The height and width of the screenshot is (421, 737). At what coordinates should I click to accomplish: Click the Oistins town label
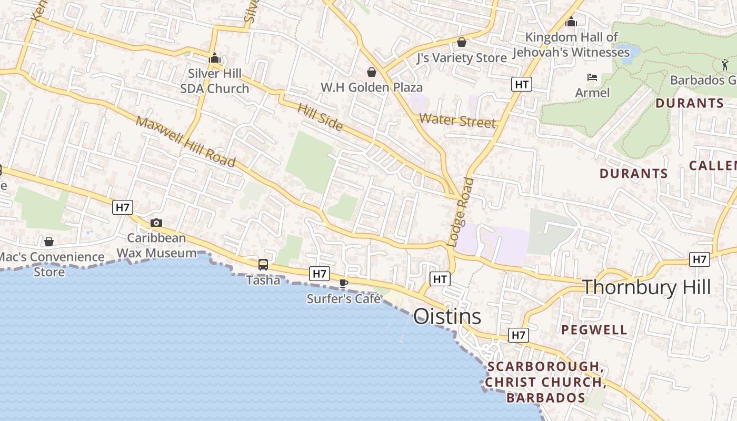click(447, 317)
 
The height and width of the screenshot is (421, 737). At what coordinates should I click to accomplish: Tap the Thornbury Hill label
click(646, 287)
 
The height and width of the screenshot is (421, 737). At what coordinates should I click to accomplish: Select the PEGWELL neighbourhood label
click(594, 330)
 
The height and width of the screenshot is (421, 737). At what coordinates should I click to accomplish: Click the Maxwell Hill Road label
click(185, 141)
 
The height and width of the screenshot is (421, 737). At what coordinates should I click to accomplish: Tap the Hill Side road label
click(320, 117)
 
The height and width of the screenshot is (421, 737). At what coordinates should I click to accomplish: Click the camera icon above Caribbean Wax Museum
click(156, 223)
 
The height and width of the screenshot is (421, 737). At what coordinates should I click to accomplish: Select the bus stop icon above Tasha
click(263, 265)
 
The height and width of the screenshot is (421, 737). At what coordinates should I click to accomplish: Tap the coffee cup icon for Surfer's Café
click(344, 283)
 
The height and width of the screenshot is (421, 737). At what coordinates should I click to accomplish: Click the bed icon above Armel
click(592, 77)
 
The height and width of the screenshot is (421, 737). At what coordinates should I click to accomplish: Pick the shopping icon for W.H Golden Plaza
click(372, 72)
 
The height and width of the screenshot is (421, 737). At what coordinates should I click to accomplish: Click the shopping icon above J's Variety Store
click(462, 42)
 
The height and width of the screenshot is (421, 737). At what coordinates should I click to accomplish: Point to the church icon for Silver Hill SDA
click(214, 58)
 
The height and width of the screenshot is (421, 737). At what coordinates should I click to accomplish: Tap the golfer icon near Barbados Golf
click(725, 65)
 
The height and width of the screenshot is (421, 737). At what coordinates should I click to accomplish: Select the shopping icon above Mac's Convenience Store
click(49, 242)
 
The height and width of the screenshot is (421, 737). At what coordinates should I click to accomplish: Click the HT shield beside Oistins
click(440, 279)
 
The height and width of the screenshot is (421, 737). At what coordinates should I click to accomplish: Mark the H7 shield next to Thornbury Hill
click(699, 259)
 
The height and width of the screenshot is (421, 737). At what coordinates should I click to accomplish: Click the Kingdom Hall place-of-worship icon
click(571, 22)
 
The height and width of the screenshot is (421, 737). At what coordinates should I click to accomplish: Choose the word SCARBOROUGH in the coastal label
click(543, 366)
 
